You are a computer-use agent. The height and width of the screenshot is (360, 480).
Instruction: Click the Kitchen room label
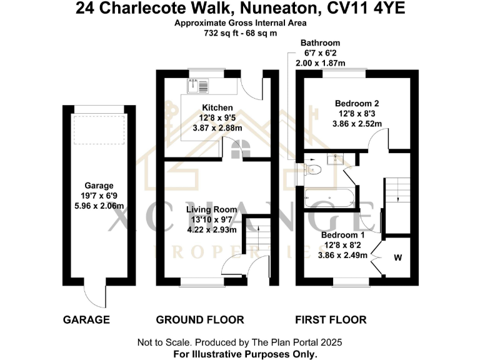pos(217,108)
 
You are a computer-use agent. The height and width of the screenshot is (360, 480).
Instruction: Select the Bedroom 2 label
pos(357,104)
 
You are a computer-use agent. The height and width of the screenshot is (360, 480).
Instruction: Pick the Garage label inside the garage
pos(99,186)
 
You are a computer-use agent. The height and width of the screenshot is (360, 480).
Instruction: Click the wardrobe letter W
pos(397,257)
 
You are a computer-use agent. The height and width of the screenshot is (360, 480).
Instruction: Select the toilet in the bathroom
pos(313,168)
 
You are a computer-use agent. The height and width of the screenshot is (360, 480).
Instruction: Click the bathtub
pos(330,198)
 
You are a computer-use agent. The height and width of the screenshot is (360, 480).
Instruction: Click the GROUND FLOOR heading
pos(199,320)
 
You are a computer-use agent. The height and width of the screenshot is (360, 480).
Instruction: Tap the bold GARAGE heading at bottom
pos(86,320)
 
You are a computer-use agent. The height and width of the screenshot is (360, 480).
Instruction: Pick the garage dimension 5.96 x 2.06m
pos(99,206)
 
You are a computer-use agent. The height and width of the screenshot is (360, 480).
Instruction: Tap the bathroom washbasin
pos(336,157)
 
